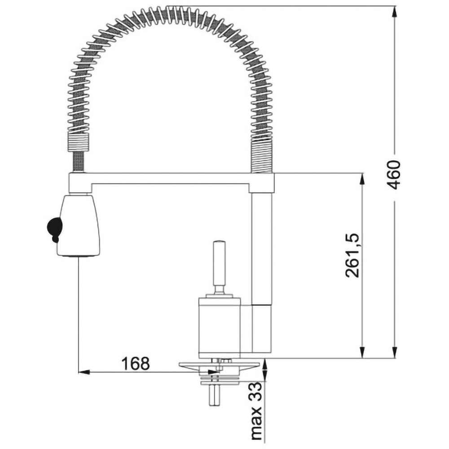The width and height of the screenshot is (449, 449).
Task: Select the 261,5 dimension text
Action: [x=352, y=255]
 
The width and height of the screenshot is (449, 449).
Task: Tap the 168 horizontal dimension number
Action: [x=136, y=363]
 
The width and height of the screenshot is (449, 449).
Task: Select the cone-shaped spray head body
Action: [x=79, y=225]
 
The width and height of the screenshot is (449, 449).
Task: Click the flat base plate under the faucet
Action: [x=220, y=365]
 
